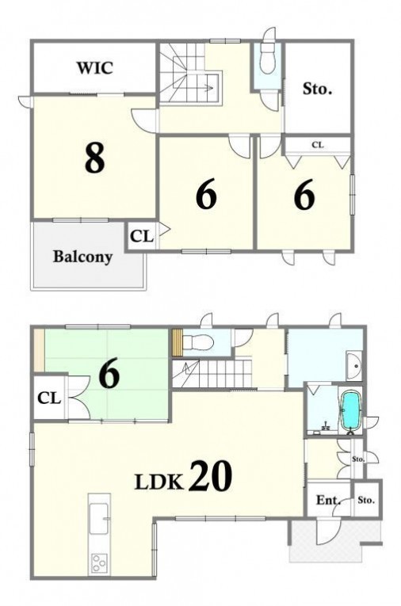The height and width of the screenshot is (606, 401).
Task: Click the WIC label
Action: [x=95, y=67]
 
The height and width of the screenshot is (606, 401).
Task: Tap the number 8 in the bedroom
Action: [x=95, y=158]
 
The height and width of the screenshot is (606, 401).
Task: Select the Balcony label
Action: [x=82, y=256]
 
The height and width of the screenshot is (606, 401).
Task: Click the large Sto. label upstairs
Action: [x=317, y=89]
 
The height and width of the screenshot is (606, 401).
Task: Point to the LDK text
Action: [x=158, y=482]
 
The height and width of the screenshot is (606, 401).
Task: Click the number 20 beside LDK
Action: [x=211, y=476]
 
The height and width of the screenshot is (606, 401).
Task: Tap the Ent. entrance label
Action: [x=328, y=500]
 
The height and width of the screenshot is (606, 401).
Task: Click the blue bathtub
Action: [x=351, y=410]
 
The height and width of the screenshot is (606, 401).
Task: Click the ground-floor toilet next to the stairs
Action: [x=197, y=342]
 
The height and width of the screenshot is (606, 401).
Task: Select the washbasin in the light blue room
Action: [x=353, y=367]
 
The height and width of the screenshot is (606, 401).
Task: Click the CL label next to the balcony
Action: [x=142, y=236]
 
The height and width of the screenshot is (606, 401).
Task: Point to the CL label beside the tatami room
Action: [x=49, y=398]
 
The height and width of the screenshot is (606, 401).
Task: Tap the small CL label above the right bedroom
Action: [x=318, y=145]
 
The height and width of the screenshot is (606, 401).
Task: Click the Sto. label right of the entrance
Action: [x=366, y=500]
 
